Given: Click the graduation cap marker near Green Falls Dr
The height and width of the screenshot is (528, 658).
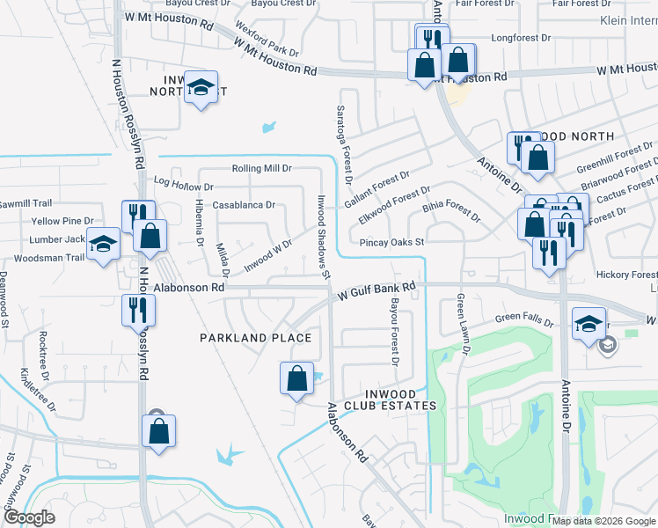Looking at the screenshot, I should tap(588, 323).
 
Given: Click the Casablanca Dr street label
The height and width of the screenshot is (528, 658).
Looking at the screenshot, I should tap(245, 205).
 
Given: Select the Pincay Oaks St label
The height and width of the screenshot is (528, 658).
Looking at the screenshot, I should tap(392, 242).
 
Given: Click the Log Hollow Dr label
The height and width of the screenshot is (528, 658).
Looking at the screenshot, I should tap(184, 186).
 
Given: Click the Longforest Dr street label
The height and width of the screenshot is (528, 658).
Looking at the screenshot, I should tap(520, 38).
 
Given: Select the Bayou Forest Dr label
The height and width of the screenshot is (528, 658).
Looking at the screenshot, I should tap(394, 332).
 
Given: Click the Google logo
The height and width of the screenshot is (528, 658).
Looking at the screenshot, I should tap(29, 517).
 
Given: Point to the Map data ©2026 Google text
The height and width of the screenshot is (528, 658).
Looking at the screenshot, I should tap(602, 520).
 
